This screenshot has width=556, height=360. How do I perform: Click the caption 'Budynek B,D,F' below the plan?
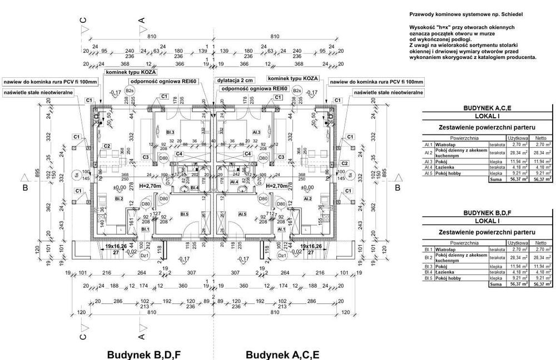144,354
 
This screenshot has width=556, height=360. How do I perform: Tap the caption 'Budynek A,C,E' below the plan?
282,354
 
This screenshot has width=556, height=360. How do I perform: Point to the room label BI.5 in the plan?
185,213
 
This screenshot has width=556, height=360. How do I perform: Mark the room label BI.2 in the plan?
118,198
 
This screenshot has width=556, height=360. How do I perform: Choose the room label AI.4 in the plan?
234,182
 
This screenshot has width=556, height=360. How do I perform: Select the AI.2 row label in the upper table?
428,152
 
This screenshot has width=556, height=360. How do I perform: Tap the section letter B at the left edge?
25,188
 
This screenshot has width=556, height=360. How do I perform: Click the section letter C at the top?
84,21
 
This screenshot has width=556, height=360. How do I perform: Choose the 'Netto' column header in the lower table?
538,243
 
